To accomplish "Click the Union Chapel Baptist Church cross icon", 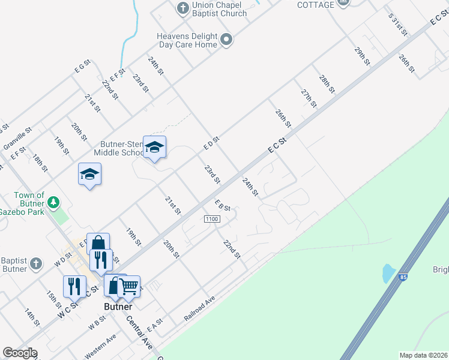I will pyautogui.click(x=182, y=8).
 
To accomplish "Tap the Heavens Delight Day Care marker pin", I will pyautogui.click(x=226, y=40).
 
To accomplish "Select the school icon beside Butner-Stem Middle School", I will pyautogui.click(x=154, y=147).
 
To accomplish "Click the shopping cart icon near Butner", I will pyautogui.click(x=128, y=287).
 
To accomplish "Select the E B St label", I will pyautogui.click(x=223, y=205).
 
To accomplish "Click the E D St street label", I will pyautogui.click(x=211, y=143).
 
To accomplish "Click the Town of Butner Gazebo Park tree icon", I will pyautogui.click(x=53, y=202).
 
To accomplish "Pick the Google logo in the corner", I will pyautogui.click(x=20, y=353).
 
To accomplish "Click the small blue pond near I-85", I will pyautogui.click(x=388, y=274).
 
